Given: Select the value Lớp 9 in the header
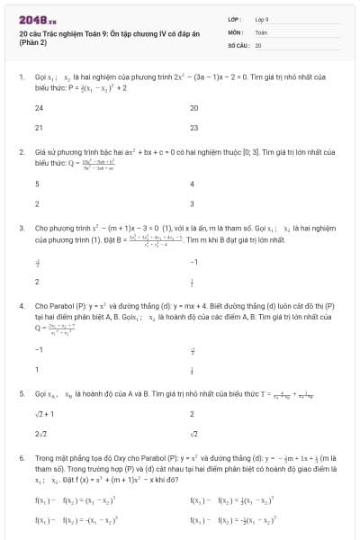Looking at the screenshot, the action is click(262, 19).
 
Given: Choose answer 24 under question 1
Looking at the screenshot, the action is click(39, 107).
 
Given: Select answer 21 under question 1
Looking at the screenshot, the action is click(39, 128).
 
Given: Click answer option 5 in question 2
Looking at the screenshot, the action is click(37, 184).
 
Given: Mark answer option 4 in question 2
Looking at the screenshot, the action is click(193, 184).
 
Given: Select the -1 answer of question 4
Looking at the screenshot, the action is click(39, 348).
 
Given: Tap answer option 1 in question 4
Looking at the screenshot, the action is click(37, 369).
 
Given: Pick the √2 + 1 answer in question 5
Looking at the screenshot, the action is click(44, 414).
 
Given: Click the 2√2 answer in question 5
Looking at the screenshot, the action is click(40, 435).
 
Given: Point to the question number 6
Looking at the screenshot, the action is click(21, 458).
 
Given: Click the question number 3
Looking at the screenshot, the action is click(21, 229).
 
